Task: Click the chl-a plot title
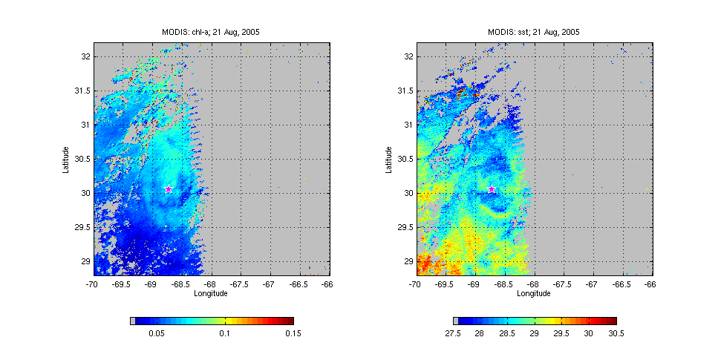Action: (x=211, y=32)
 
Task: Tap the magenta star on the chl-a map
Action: (x=169, y=189)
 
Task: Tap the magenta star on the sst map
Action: (x=492, y=189)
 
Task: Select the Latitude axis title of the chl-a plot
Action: (x=66, y=159)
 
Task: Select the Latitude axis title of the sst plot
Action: (x=389, y=159)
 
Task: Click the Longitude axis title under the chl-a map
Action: (x=211, y=293)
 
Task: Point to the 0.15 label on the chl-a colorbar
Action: (x=293, y=334)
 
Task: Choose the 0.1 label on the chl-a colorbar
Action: (x=225, y=334)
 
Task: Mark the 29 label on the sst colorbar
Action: (x=534, y=334)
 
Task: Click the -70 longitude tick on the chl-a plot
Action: (x=92, y=284)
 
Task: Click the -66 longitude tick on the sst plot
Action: (x=650, y=284)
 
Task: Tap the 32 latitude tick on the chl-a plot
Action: (x=86, y=56)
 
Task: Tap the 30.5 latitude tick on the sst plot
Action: (x=405, y=159)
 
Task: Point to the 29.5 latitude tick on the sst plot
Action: (x=405, y=227)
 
